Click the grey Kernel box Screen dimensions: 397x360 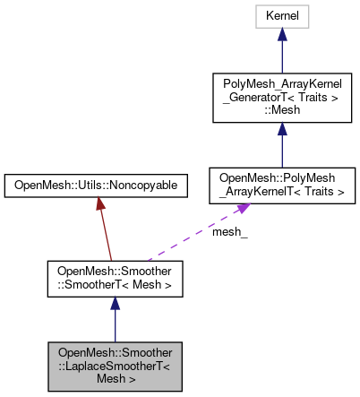(281, 16)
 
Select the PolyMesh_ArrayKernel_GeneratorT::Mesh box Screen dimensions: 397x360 (281, 98)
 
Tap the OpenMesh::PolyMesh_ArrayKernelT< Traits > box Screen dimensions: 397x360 (281, 184)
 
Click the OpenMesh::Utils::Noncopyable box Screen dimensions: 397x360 (96, 186)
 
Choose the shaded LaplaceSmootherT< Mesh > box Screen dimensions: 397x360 (115, 365)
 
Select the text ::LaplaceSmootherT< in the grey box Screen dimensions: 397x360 (115, 365)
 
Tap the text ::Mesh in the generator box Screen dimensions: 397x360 (281, 111)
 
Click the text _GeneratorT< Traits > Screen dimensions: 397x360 (281, 98)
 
